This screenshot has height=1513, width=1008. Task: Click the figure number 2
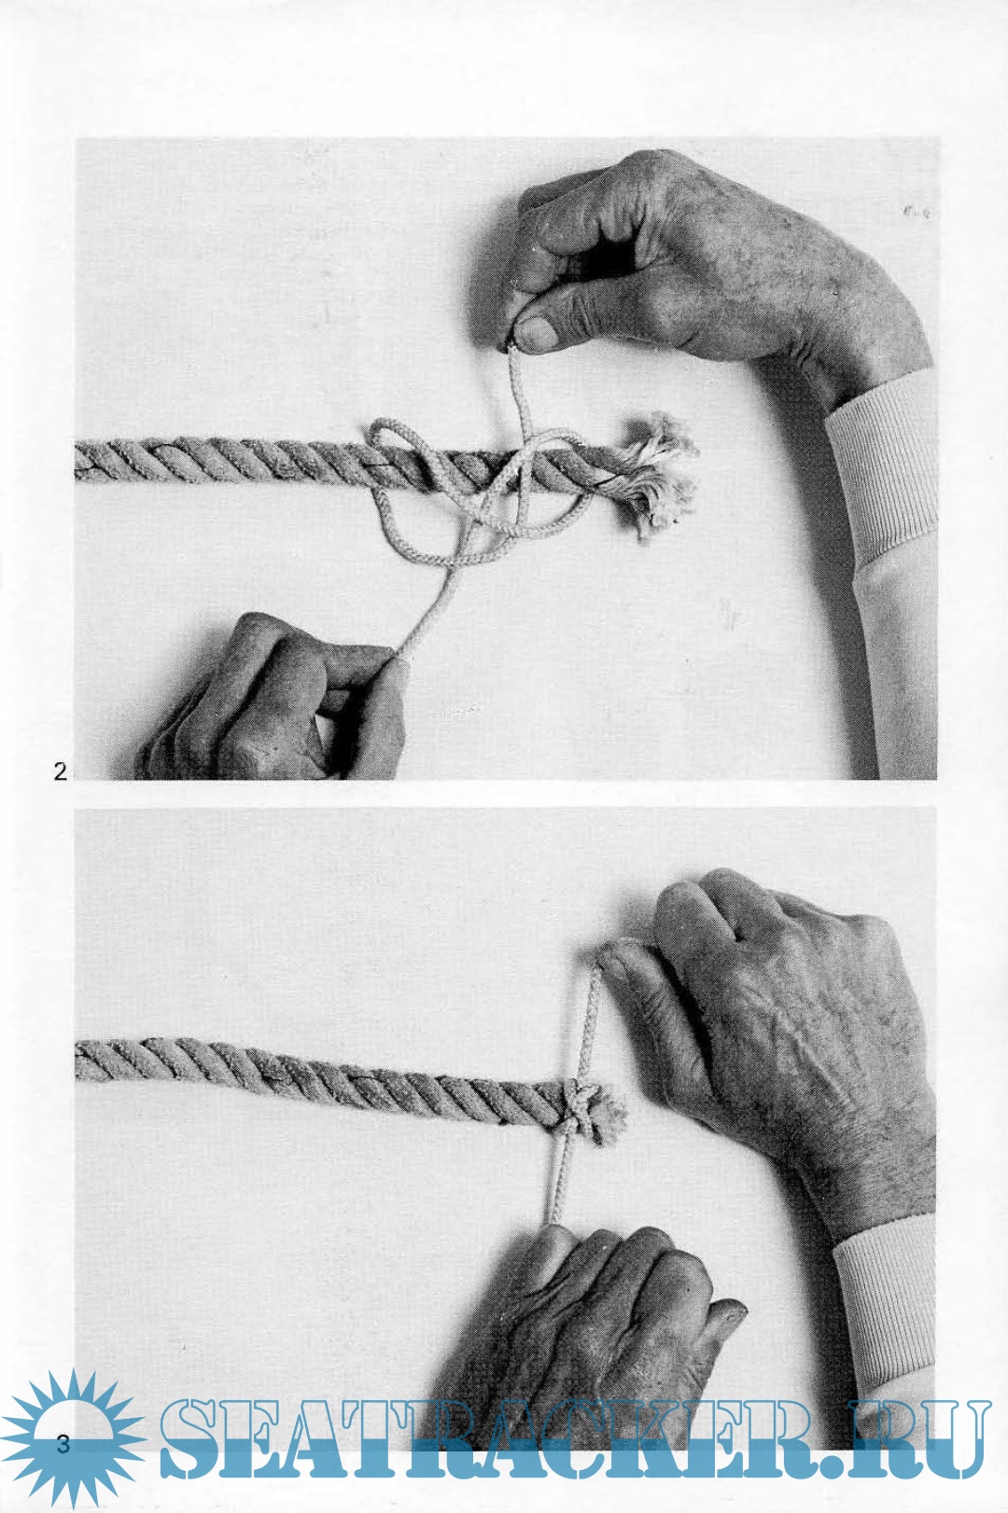coord(60,771)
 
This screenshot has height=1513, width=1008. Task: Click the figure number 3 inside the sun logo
coord(63,1445)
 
